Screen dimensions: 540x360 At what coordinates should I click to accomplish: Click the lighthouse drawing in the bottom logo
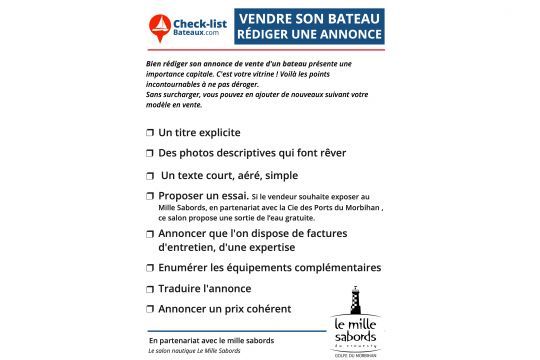point(356,300)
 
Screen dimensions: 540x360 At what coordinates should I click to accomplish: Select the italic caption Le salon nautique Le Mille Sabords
point(194,351)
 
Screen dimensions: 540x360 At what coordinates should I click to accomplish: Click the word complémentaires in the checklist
point(335,267)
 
